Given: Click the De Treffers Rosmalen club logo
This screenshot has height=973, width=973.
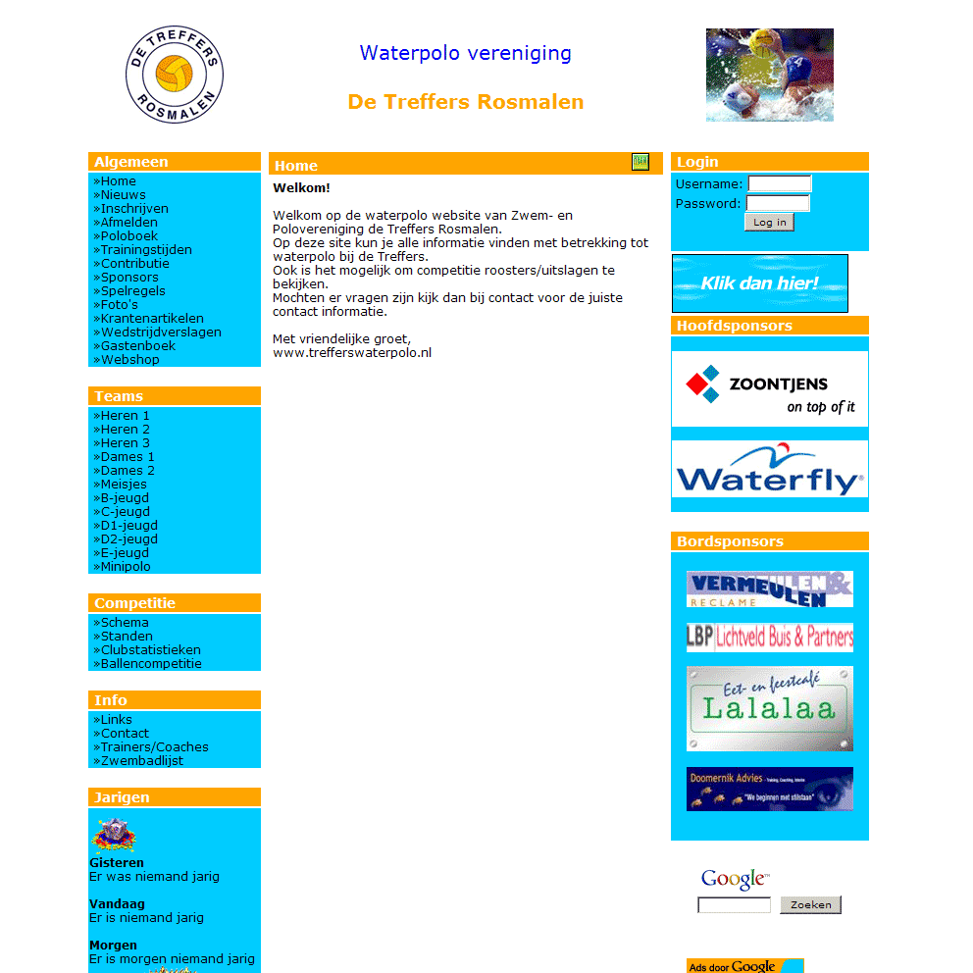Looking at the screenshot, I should coord(175,76).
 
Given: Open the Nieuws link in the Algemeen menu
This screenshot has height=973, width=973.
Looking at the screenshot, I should coord(123,195).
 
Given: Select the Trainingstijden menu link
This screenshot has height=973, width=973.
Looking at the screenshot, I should coord(146,250).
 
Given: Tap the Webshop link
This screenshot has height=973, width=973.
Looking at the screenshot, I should coord(129,360).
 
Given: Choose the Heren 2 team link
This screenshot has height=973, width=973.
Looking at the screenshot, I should coord(125,430).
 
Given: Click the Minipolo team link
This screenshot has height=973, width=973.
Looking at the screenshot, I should coord(126,567).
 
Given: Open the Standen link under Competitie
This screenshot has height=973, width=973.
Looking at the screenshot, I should coord(127,637).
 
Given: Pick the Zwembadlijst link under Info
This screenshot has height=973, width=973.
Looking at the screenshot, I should coord(141,761).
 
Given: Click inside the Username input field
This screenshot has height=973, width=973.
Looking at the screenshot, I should coord(780,183).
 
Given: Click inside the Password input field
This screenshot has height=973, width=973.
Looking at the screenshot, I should coord(778,203).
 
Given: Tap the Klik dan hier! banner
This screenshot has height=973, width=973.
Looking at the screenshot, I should coord(760,283).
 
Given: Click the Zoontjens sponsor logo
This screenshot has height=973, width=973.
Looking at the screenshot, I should coord(770,388).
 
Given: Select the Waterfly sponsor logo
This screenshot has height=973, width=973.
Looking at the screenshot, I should coord(770,470).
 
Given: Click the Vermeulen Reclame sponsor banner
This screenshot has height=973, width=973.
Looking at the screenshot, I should coord(770,589).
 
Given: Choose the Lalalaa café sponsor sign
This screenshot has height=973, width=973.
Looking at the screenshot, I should coord(770,708).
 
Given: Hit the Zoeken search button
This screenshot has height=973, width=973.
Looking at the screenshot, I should coord(810,905).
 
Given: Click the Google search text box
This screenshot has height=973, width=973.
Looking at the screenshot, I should coord(734,905).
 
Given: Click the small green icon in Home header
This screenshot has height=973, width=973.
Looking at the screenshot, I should coord(640,162).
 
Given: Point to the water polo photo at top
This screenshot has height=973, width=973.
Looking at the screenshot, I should coord(770,75).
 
